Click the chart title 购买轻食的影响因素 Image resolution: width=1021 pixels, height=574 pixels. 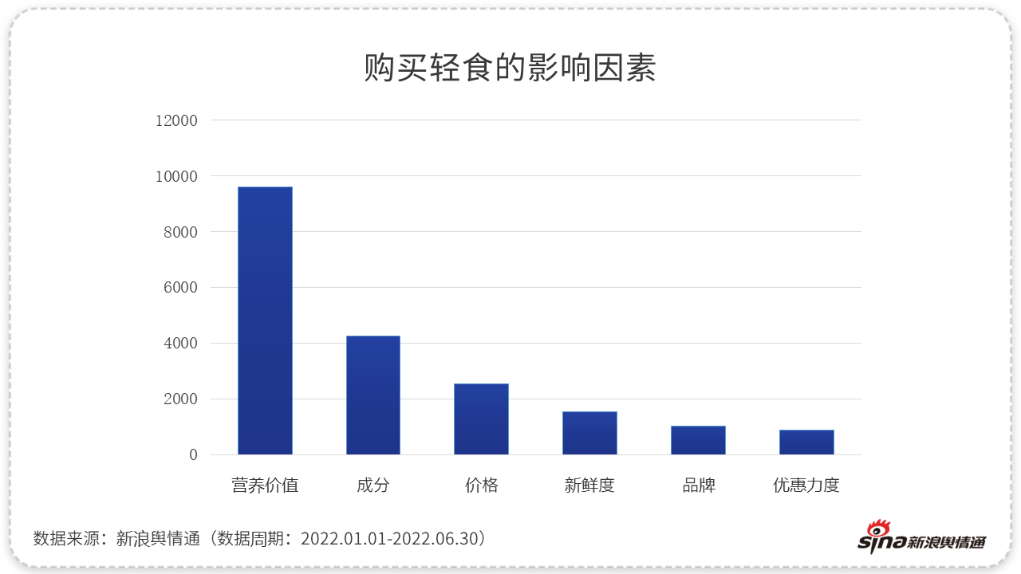point(510,69)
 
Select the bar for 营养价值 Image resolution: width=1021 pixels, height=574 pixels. point(265,320)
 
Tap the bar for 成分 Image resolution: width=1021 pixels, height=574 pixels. point(373,395)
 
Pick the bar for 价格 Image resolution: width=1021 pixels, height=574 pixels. point(481,419)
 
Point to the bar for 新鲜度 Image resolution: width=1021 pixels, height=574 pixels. point(589,433)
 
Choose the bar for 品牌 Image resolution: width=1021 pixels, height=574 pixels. point(698,440)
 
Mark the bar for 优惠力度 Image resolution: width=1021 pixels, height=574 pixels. point(806,442)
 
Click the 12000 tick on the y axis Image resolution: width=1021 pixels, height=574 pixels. point(175,120)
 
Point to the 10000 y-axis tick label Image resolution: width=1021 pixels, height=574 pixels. point(175,176)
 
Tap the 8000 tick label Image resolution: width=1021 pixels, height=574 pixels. point(180,232)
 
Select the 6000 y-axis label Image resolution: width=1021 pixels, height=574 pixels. point(180,288)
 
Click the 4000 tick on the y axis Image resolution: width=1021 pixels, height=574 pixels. point(180,344)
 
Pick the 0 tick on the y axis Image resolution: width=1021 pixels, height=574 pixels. point(192,455)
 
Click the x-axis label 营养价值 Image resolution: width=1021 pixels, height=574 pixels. point(265,485)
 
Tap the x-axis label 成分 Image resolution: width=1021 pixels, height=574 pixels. point(373,485)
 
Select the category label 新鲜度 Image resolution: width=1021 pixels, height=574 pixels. point(589,485)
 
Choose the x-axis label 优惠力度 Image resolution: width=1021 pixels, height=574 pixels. point(806,485)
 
